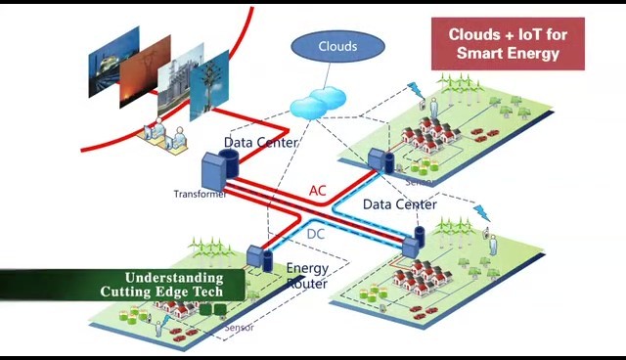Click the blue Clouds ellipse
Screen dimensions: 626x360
click(x=337, y=46)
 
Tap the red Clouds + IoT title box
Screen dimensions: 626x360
click(x=508, y=44)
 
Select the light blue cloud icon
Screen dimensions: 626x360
click(x=318, y=103)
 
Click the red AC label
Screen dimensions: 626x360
click(x=317, y=191)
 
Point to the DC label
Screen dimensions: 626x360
click(x=315, y=234)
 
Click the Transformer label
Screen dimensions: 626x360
click(x=200, y=194)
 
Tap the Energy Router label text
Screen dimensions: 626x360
click(x=307, y=276)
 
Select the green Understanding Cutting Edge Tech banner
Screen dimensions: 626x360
click(x=122, y=285)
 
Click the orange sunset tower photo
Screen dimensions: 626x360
click(x=146, y=71)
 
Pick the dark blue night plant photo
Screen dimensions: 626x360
click(x=113, y=62)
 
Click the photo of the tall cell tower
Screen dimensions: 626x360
click(x=209, y=85)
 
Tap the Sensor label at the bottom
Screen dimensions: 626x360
click(x=239, y=328)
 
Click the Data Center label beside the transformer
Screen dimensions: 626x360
click(x=261, y=143)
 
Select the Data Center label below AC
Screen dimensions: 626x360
click(x=400, y=204)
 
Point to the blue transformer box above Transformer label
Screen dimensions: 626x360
click(x=214, y=171)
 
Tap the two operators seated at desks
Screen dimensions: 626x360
click(x=164, y=136)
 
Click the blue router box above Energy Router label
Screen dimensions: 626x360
click(x=254, y=256)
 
